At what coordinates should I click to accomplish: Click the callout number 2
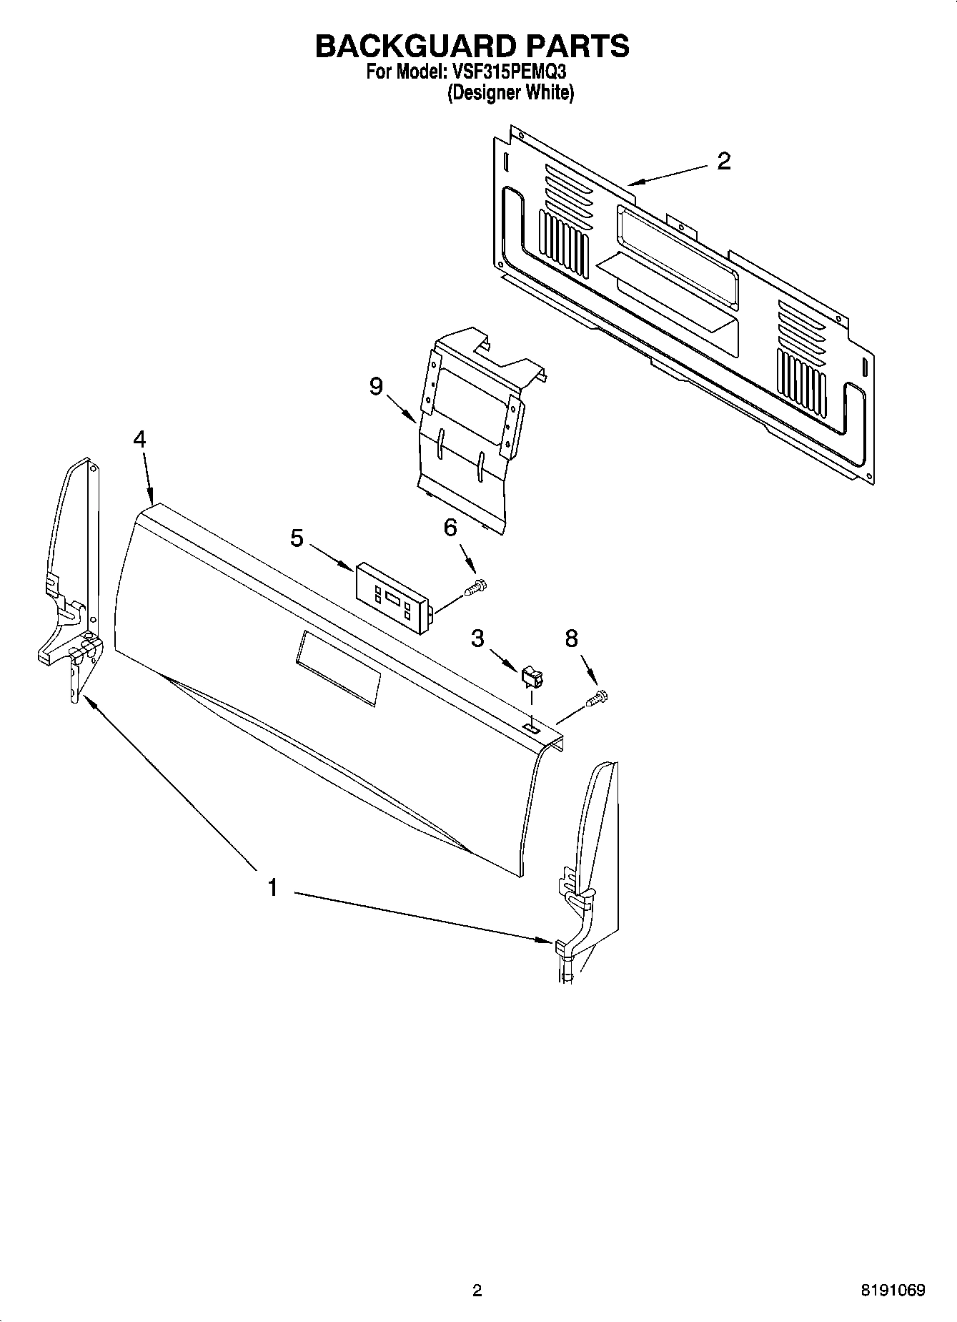[x=723, y=162]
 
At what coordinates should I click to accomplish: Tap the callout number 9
[x=376, y=387]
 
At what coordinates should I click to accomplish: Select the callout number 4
[x=139, y=439]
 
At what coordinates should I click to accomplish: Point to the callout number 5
[x=297, y=538]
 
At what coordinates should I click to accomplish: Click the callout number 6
[x=450, y=528]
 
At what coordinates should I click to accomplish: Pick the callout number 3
[x=477, y=638]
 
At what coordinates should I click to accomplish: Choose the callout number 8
[x=571, y=638]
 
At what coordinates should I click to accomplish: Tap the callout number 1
[x=272, y=888]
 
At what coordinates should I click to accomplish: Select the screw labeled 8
[x=597, y=697]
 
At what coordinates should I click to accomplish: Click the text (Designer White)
[x=510, y=93]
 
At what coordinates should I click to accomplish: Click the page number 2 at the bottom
[x=477, y=1291]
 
